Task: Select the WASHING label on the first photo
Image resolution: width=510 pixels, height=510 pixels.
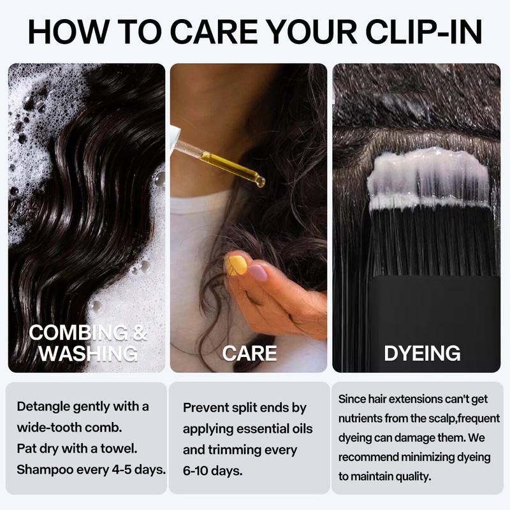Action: [88, 353]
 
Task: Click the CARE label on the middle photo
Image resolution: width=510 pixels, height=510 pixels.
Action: [249, 353]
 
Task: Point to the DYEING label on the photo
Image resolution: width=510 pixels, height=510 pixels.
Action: [422, 353]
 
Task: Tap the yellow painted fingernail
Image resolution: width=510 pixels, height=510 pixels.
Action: [237, 264]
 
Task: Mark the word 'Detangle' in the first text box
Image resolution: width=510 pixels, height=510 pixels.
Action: [44, 407]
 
